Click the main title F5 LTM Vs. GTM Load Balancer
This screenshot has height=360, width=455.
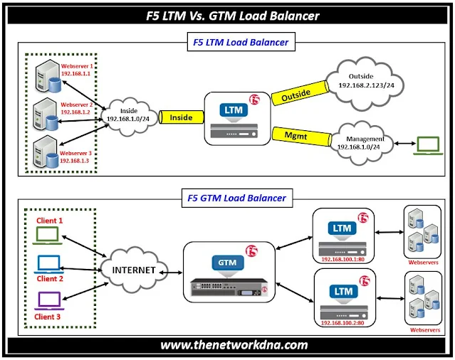point(228,15)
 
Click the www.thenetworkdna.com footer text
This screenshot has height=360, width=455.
point(234,345)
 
